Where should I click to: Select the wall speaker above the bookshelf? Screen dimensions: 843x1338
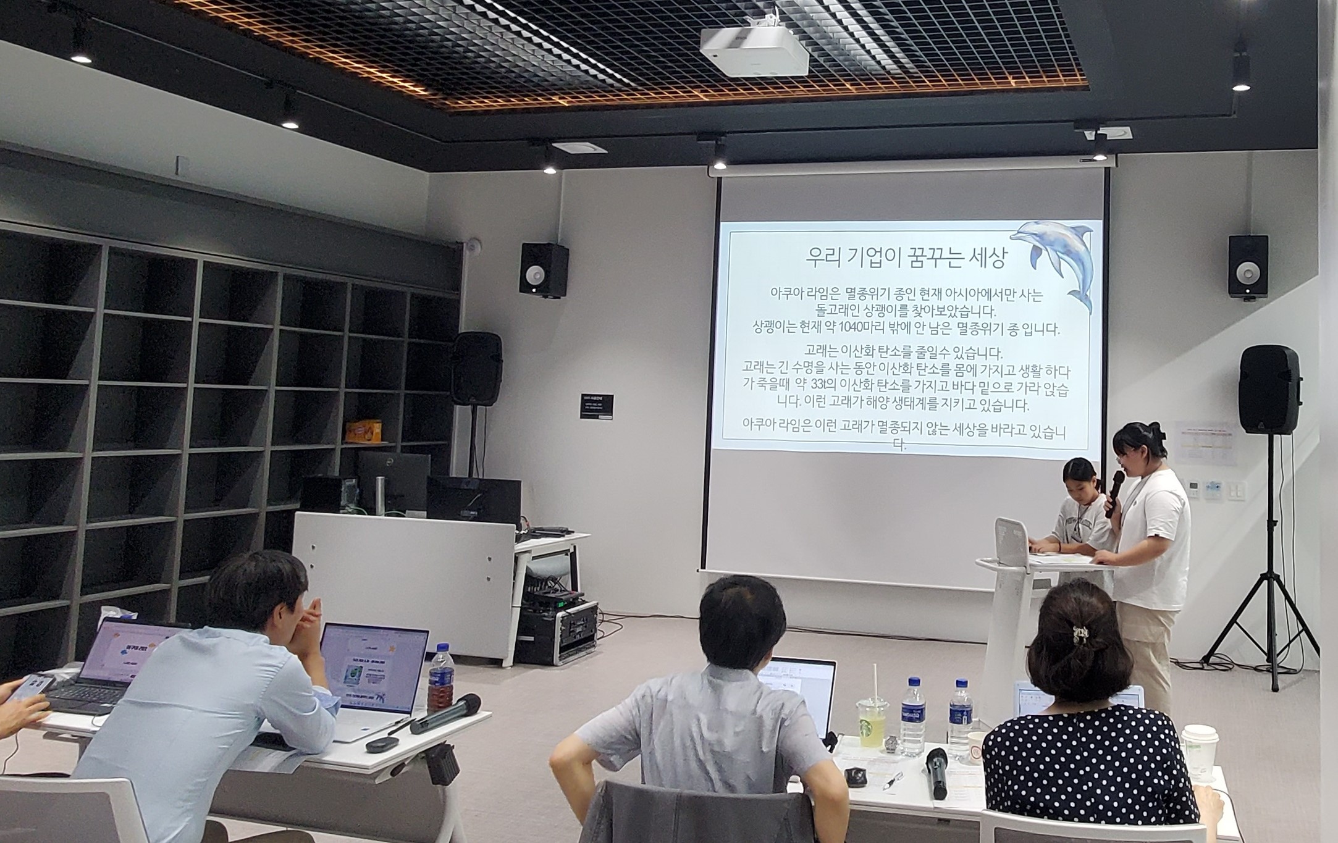tap(544, 269)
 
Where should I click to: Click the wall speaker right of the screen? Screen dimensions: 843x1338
tap(1248, 266)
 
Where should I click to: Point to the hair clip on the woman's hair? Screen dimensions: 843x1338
tap(1080, 633)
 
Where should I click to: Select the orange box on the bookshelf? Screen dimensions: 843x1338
tap(363, 430)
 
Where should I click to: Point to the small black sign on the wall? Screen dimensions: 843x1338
tap(597, 406)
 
